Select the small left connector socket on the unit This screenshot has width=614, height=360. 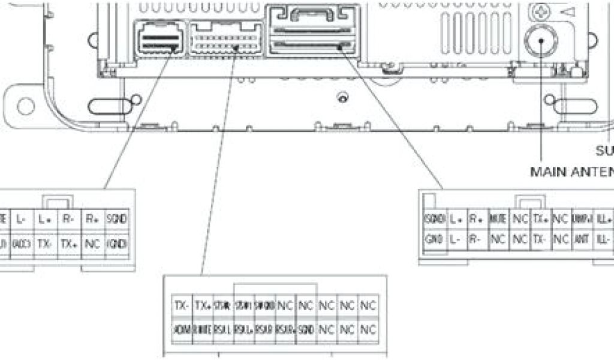click(159, 40)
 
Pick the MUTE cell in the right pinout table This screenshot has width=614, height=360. click(498, 219)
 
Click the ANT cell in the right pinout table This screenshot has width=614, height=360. click(580, 239)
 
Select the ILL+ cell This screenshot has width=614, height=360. click(603, 219)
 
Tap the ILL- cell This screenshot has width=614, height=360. click(603, 239)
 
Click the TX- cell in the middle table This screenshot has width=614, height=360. click(182, 305)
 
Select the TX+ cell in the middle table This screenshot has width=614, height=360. click(203, 305)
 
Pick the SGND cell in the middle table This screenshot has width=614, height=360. click(306, 330)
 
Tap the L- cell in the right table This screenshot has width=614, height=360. click(456, 239)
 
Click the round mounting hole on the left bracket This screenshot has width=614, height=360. click(26, 106)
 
